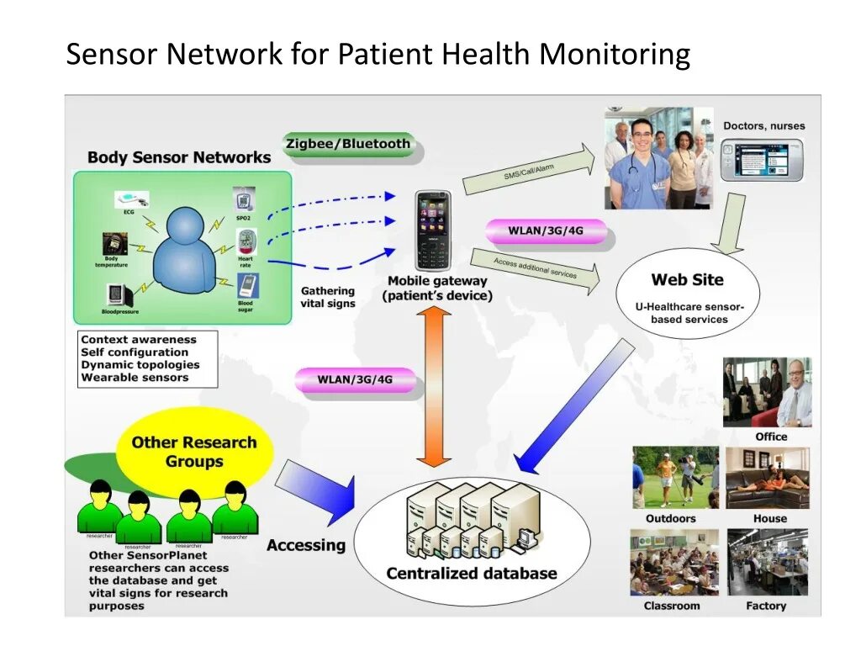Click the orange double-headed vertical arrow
pyautogui.click(x=434, y=387)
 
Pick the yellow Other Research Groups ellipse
pyautogui.click(x=194, y=452)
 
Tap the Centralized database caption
pyautogui.click(x=471, y=574)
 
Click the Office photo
pyautogui.click(x=767, y=392)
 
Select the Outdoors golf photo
pyautogui.click(x=675, y=477)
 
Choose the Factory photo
pyautogui.click(x=767, y=563)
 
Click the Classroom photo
pyautogui.click(x=673, y=563)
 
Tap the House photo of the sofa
pyautogui.click(x=767, y=477)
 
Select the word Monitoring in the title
pyautogui.click(x=615, y=55)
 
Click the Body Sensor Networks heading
pyautogui.click(x=179, y=157)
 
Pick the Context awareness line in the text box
pyautogui.click(x=139, y=340)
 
